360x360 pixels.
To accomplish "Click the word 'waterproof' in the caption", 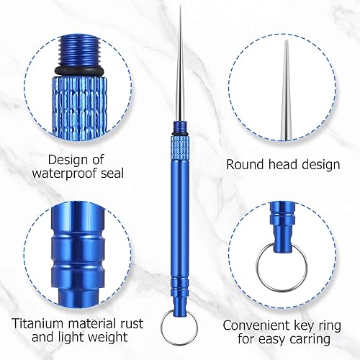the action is tap(64, 174).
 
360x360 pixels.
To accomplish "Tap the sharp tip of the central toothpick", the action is tap(180, 7).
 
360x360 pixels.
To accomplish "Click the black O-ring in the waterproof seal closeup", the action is tap(78, 71).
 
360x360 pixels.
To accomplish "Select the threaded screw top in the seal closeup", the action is tap(78, 51).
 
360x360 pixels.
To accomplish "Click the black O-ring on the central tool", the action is tap(180, 133).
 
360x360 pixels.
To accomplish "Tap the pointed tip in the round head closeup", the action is tap(286, 41).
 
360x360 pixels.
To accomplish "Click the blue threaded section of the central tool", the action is tap(180, 127).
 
